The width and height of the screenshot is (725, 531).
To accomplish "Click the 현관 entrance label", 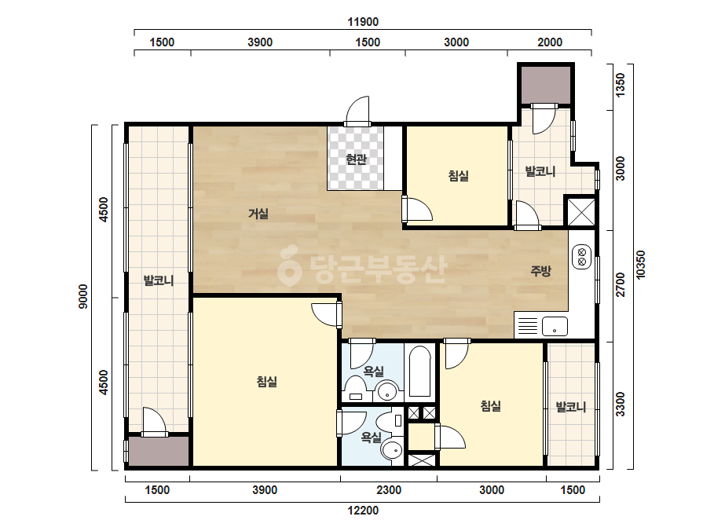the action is [356, 159].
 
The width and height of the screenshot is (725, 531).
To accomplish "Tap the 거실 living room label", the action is [258, 214].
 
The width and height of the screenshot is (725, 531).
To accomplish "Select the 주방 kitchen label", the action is [540, 270].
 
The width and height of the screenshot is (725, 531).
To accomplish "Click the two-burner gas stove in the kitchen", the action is [582, 257].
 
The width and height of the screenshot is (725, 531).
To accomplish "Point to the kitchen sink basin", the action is [555, 326].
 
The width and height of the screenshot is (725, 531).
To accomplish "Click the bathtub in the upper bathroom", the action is [419, 372].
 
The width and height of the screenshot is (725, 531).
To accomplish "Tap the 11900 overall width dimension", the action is [363, 22].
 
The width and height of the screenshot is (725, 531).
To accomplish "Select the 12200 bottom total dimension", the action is [363, 511].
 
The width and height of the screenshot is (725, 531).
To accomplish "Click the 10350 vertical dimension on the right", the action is [640, 265].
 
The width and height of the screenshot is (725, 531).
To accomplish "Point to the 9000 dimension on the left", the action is [82, 296].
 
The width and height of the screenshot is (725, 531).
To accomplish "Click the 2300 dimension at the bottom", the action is [389, 490].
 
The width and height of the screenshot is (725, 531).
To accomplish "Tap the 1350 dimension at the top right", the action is [620, 85].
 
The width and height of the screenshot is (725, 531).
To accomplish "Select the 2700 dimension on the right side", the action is [620, 285].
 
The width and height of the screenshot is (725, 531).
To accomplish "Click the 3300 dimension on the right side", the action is [620, 405].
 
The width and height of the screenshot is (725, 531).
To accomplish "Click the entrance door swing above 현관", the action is [358, 111].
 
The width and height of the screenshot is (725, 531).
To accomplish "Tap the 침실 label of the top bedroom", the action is [458, 176].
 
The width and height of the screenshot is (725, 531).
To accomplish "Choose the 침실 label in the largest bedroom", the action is [267, 382].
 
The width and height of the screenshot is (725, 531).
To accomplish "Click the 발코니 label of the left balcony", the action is [158, 280].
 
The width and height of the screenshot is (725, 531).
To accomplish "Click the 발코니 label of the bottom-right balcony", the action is [570, 407].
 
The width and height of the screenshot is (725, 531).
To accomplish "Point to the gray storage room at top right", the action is [546, 85].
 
